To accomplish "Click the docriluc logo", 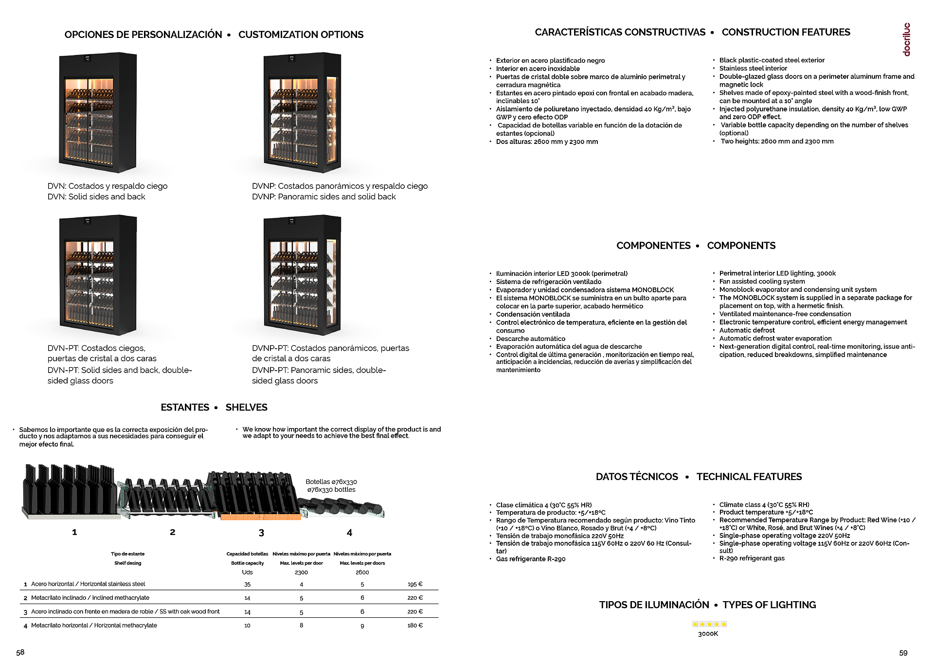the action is tap(906, 39).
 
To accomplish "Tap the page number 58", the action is tap(20, 652).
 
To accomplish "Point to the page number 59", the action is tap(903, 653).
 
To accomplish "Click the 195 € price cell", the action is tap(415, 584).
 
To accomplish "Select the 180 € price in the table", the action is tap(415, 625).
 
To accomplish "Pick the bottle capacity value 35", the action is tap(247, 585).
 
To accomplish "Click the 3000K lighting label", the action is tap(708, 634).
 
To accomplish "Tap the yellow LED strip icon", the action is tap(709, 624).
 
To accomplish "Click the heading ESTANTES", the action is tap(185, 408).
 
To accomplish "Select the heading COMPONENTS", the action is tap(741, 246).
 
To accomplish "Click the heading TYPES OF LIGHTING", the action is tap(769, 605).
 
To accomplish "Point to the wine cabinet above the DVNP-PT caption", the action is tap(302, 275).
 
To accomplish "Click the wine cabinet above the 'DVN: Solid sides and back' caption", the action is tap(98, 113).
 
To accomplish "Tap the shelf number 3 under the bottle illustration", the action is tap(261, 533).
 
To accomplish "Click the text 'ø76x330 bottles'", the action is tap(331, 490).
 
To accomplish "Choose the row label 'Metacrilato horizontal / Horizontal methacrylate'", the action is tap(94, 625).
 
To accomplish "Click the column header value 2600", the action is tap(362, 572).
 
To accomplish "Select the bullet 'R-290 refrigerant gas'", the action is tap(752, 558).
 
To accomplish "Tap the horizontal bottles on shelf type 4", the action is tap(342, 508).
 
